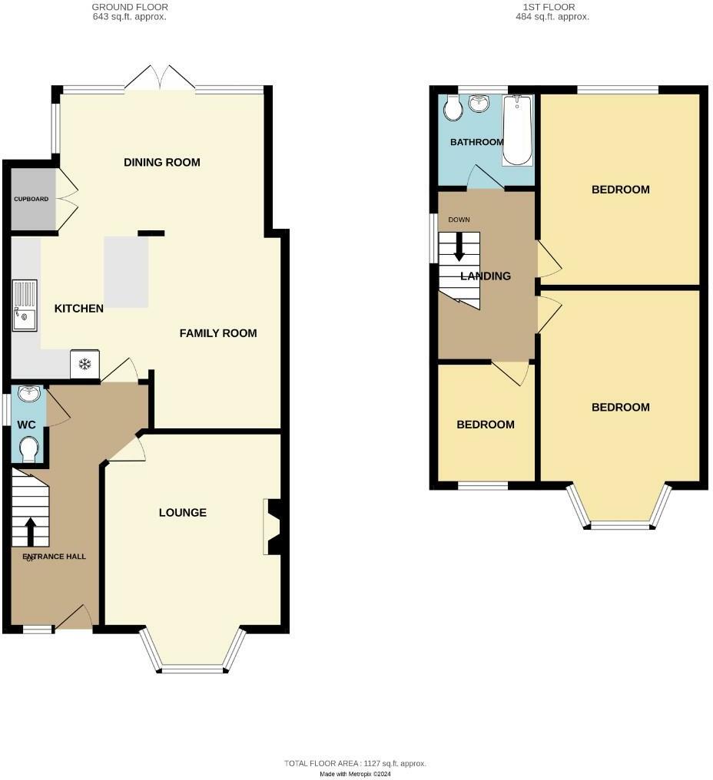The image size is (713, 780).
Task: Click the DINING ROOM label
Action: point(162,162)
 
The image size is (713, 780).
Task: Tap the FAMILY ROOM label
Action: point(218,333)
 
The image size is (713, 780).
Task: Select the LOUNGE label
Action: point(183,512)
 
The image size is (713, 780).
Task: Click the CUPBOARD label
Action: point(31,199)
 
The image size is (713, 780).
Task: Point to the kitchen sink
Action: point(24,305)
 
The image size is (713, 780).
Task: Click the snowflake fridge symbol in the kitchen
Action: point(85,363)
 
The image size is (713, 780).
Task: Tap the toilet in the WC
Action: point(29,448)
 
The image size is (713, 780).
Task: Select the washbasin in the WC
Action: point(29,394)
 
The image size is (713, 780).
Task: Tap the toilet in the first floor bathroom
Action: point(453,109)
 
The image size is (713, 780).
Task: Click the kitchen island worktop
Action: point(126,271)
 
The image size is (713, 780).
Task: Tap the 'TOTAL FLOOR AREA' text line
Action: point(355,763)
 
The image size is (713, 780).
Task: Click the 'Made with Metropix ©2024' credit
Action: point(356,773)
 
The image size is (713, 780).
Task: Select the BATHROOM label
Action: point(476,142)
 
